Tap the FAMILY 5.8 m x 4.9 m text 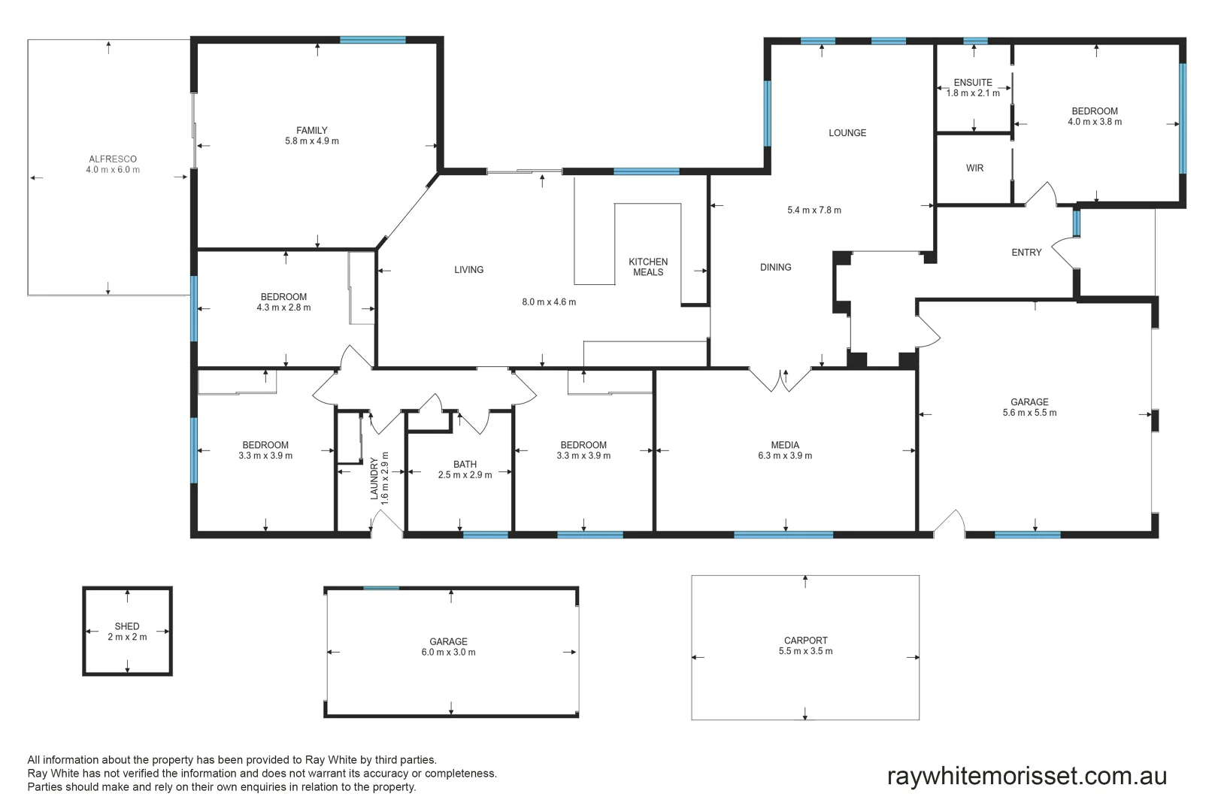pos(312,135)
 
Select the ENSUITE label pos(973,83)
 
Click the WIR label pos(974,168)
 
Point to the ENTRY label pos(1026,253)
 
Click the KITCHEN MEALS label pos(648,267)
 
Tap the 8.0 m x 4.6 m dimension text pos(549,302)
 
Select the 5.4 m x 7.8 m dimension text pos(814,211)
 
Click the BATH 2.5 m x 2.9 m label pos(465,469)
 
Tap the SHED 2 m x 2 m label pos(127,632)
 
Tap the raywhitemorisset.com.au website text pos(1026,776)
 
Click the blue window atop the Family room pos(372,40)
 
